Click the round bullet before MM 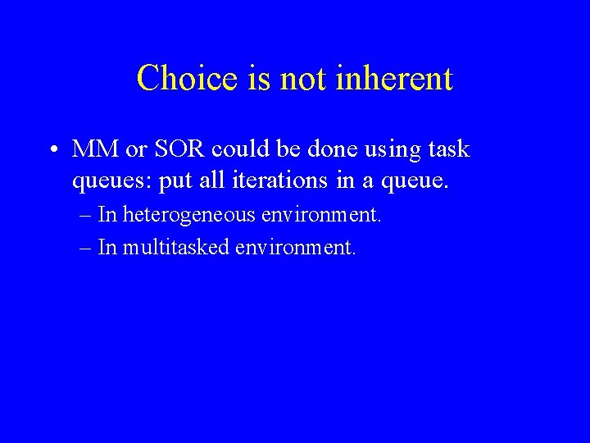click(x=52, y=151)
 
